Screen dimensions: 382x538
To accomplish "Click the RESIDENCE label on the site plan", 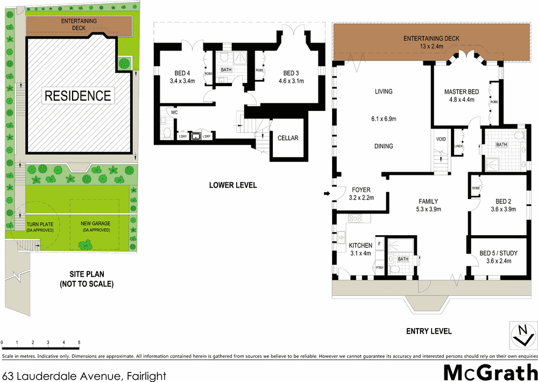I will click(x=78, y=96).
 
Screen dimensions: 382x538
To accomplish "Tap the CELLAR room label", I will click(x=288, y=138).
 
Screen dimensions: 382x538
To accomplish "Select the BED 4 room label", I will click(x=182, y=74).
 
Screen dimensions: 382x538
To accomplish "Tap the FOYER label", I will click(x=362, y=189).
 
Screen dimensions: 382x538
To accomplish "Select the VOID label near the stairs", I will click(x=441, y=139).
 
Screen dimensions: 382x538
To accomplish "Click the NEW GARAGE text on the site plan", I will click(x=95, y=223).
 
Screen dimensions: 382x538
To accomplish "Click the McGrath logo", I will click(x=490, y=372).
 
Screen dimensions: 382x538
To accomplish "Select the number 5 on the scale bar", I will click(x=79, y=343).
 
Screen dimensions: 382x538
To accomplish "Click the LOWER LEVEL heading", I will click(x=233, y=185).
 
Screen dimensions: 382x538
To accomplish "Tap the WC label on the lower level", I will click(x=174, y=113).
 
